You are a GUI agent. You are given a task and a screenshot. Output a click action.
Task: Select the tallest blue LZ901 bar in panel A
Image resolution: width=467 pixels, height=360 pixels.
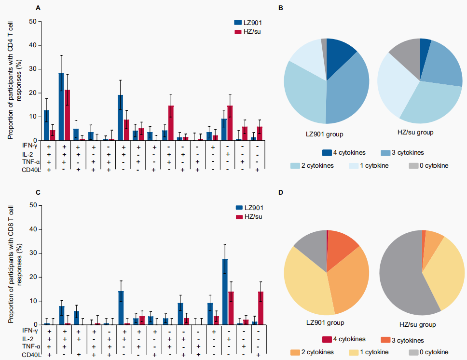pyautogui.click(x=61, y=107)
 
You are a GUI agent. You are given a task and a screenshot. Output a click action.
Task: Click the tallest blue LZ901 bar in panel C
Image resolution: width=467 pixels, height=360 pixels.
pyautogui.click(x=225, y=292)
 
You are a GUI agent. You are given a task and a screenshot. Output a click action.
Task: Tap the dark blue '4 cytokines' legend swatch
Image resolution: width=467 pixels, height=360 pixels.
pyautogui.click(x=328, y=153)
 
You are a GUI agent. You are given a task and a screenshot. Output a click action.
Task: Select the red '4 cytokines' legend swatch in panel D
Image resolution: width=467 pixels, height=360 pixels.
pyautogui.click(x=328, y=340)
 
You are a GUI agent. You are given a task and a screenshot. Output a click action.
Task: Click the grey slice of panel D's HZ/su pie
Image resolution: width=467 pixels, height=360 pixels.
pyautogui.click(x=400, y=275)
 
